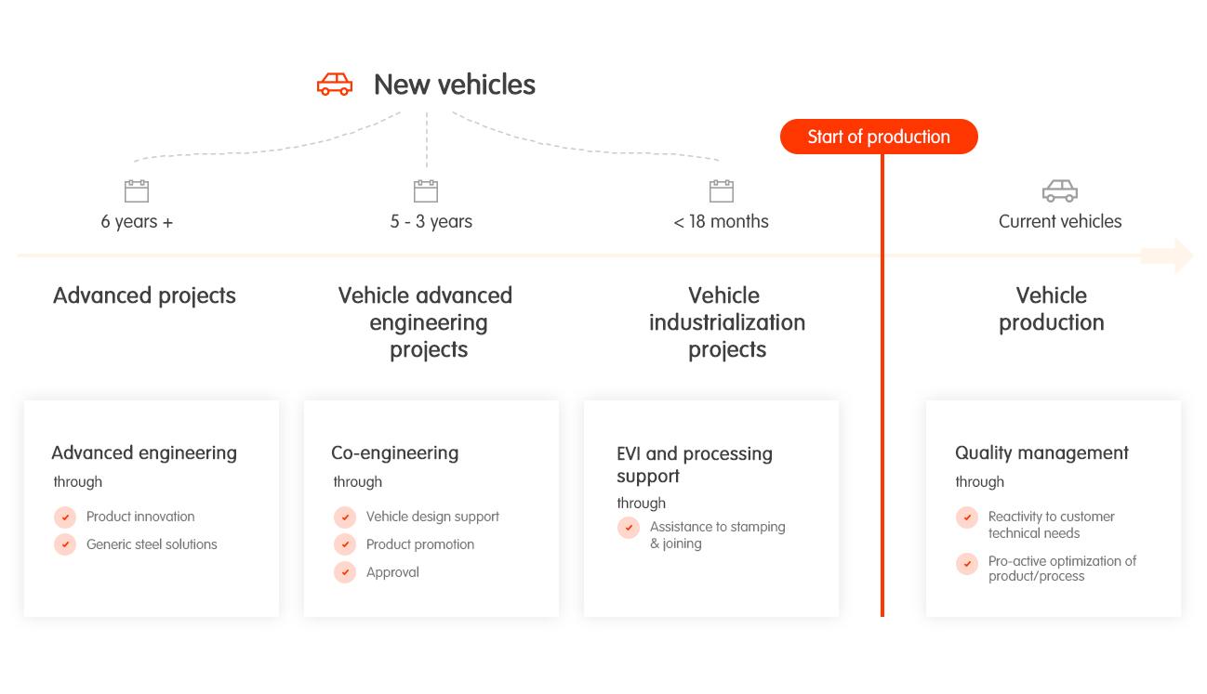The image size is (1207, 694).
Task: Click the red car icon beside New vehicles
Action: tap(335, 85)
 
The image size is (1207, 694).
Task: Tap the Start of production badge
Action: tap(879, 137)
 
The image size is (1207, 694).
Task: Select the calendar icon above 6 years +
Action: tap(137, 191)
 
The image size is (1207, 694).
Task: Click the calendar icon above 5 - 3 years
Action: tap(426, 191)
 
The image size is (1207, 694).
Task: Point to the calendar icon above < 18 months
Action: tap(722, 191)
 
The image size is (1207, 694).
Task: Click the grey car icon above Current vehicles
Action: tap(1060, 191)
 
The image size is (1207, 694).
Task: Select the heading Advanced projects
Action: tap(144, 296)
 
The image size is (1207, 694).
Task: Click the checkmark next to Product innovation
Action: tap(65, 517)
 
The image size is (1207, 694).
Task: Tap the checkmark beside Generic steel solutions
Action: tap(65, 544)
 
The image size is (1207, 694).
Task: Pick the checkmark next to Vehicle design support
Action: tap(345, 517)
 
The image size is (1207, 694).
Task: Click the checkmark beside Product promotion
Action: tap(345, 544)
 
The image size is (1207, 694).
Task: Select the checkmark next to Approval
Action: tap(345, 572)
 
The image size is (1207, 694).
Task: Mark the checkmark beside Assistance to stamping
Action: tap(629, 528)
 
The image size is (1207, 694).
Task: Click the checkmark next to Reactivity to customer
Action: tap(967, 517)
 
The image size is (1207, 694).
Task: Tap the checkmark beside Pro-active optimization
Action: tap(967, 564)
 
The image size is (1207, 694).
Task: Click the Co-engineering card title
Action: tap(395, 453)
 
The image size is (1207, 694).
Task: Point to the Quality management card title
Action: tap(1041, 453)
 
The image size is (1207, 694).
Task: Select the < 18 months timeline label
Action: tap(721, 221)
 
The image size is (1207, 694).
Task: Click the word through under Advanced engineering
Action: tap(77, 481)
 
